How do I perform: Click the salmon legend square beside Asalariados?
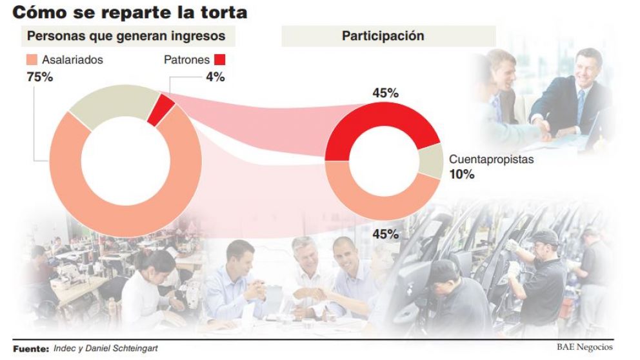coord(32,60)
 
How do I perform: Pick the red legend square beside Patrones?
coord(219,60)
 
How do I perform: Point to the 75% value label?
coord(39,77)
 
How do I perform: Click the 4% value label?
coord(215,77)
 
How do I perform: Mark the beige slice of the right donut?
coord(430,161)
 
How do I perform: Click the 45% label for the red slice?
coord(385,93)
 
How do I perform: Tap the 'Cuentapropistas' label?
coord(491,159)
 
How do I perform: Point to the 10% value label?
coord(462,174)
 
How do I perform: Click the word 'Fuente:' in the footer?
coord(31,348)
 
